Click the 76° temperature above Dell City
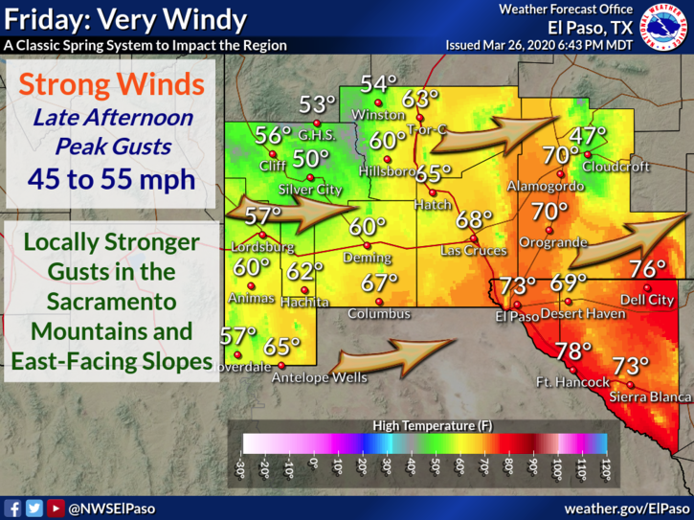[647, 269]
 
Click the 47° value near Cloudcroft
[589, 135]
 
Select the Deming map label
[368, 258]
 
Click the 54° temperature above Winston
[378, 84]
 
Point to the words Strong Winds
[113, 84]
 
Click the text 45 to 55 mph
[113, 178]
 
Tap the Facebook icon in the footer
[13, 509]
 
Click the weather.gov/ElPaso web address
[625, 509]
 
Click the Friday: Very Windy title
[124, 19]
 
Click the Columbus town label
[379, 314]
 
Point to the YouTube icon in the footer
[56, 509]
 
